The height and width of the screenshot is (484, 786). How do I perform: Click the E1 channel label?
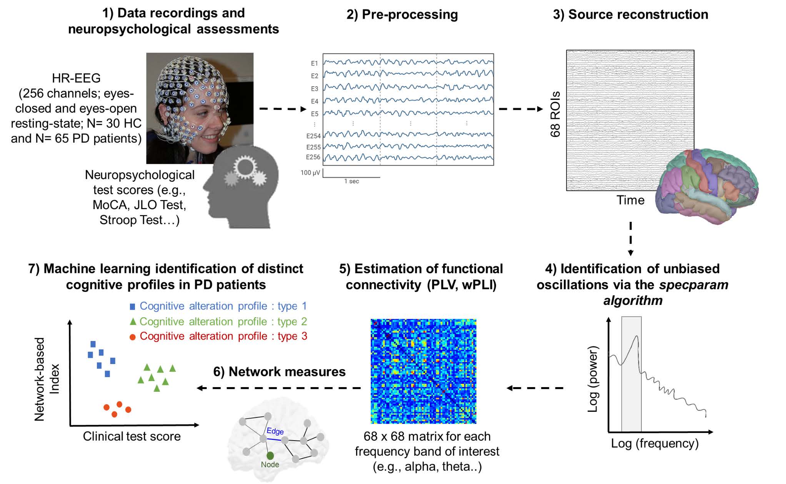314,63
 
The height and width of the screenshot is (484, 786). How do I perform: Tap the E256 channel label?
313,157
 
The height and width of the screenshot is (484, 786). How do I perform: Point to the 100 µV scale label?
310,173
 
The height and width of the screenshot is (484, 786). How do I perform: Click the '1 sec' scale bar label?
351,181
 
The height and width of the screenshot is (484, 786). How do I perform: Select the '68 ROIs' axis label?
555,115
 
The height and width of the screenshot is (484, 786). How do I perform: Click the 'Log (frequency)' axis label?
654,443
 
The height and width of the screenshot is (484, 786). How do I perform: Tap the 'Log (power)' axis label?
593,379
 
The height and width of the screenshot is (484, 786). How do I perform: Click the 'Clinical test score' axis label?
132,436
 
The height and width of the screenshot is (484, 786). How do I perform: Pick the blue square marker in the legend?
132,307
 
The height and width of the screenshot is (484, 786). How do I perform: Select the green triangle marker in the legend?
133,321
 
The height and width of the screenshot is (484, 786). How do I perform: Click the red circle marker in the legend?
132,337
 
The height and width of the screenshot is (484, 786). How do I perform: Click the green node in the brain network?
270,456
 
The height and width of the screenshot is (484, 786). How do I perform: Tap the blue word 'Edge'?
275,431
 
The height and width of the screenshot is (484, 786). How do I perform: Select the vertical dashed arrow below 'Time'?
630,238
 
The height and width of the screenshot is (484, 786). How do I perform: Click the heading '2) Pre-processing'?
402,15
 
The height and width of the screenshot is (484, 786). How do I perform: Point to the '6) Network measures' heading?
279,372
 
